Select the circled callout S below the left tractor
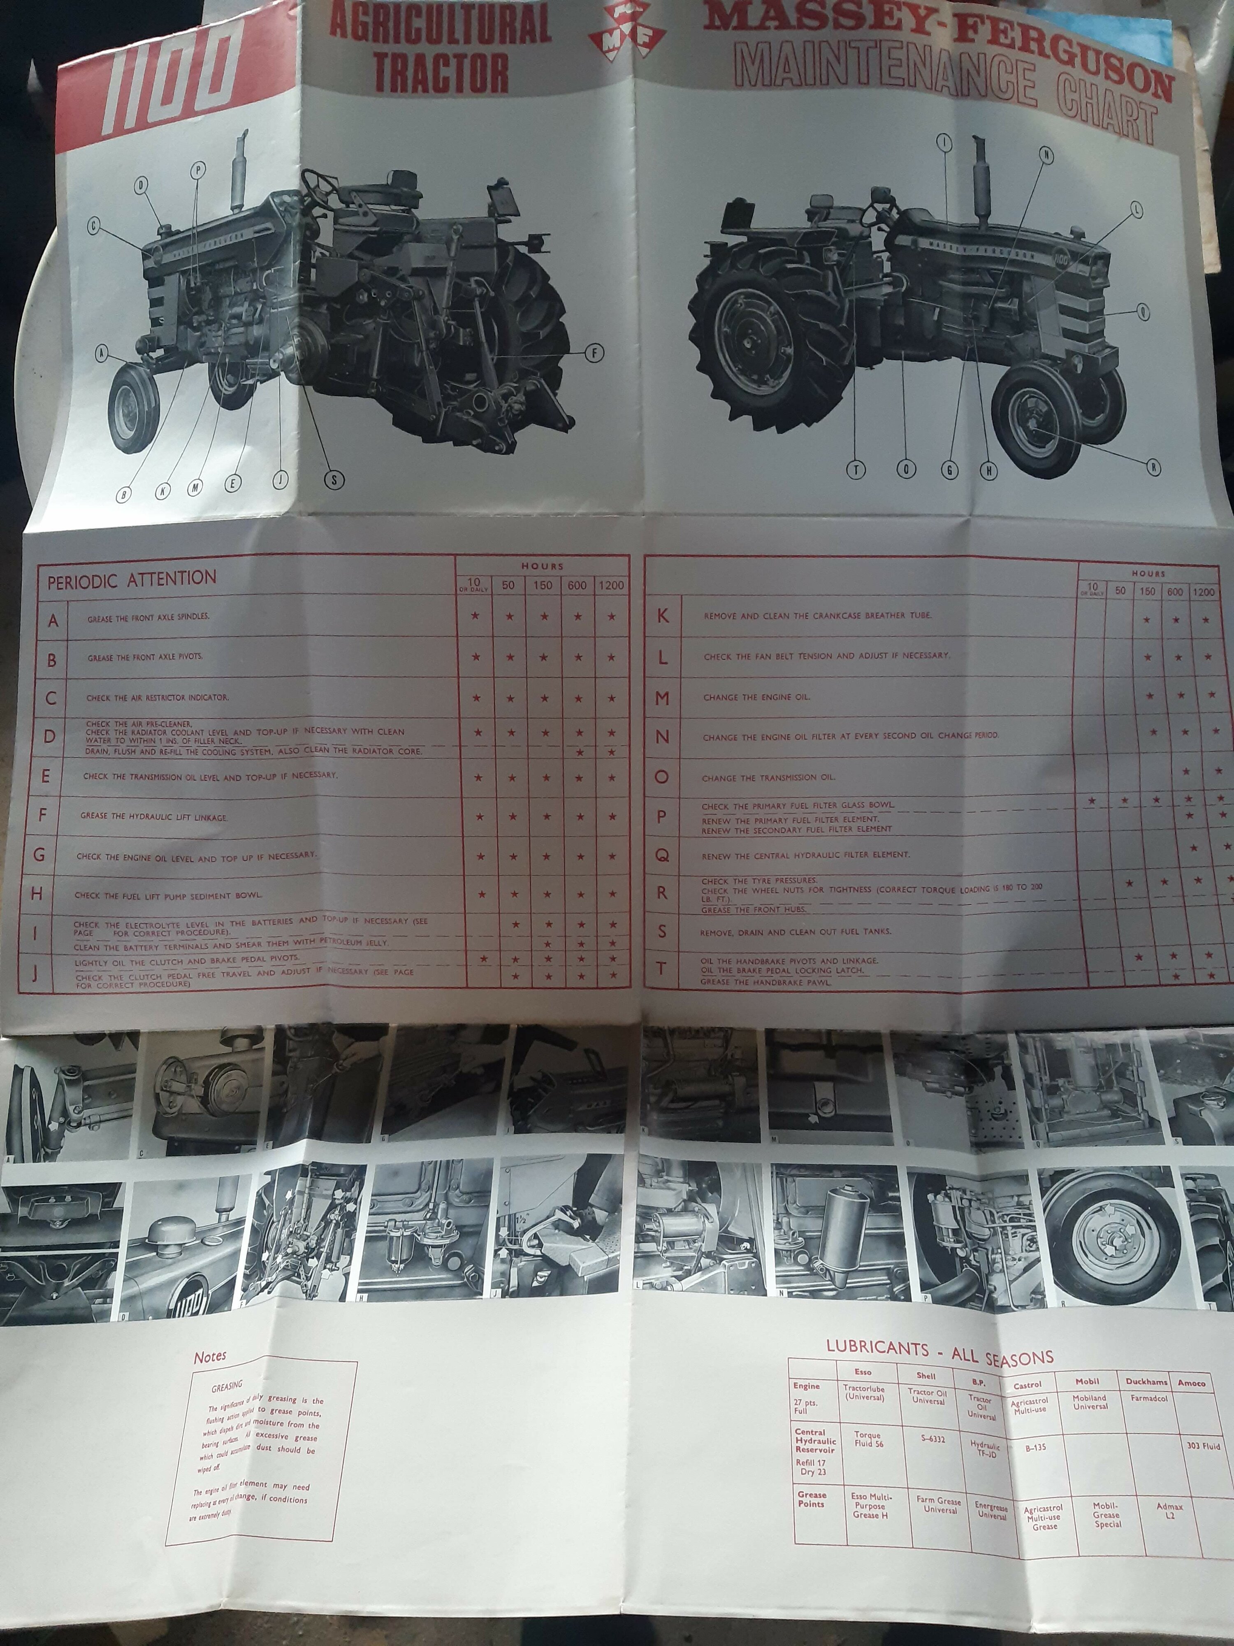click(334, 480)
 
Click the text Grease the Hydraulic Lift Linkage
click(154, 817)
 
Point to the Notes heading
click(210, 1357)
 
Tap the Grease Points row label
click(812, 1499)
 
